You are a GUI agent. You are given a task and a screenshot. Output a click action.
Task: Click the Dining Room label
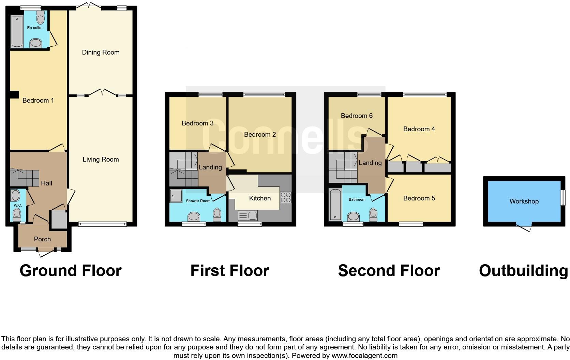pyautogui.click(x=101, y=52)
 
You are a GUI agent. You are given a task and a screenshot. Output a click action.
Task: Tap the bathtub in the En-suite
pyautogui.click(x=16, y=31)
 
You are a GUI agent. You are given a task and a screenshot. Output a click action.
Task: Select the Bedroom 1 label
pyautogui.click(x=38, y=100)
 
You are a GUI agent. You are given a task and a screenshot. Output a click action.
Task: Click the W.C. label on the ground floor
pyautogui.click(x=18, y=205)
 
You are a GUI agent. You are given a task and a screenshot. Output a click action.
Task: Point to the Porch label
pyautogui.click(x=42, y=239)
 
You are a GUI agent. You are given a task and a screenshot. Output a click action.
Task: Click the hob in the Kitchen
pyautogui.click(x=285, y=197)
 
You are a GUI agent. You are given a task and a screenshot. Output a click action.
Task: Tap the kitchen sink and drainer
pyautogui.click(x=248, y=215)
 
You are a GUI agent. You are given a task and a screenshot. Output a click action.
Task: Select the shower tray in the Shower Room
pyautogui.click(x=176, y=196)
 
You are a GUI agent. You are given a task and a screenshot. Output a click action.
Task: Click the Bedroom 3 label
pyautogui.click(x=197, y=123)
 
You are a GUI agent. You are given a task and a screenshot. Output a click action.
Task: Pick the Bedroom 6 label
pyautogui.click(x=357, y=116)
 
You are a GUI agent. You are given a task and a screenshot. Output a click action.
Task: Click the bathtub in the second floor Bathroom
pyautogui.click(x=335, y=204)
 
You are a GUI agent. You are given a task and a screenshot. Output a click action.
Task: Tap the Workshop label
pyautogui.click(x=524, y=201)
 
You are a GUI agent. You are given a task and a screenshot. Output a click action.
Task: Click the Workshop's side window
pyautogui.click(x=563, y=198)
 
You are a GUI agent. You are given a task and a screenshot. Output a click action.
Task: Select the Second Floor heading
pyautogui.click(x=389, y=271)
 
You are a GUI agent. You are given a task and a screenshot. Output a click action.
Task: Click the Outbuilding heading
pyautogui.click(x=523, y=271)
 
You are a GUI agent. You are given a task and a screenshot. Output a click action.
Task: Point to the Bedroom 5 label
pyautogui.click(x=419, y=198)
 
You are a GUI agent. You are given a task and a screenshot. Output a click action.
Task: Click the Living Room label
pyautogui.click(x=101, y=159)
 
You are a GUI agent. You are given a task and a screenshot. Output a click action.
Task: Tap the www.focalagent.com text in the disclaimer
pyautogui.click(x=364, y=356)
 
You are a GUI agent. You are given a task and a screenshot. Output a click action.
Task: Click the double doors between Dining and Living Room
pyautogui.click(x=101, y=93)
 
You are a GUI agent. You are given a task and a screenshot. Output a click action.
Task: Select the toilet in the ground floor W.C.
pyautogui.click(x=16, y=214)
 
